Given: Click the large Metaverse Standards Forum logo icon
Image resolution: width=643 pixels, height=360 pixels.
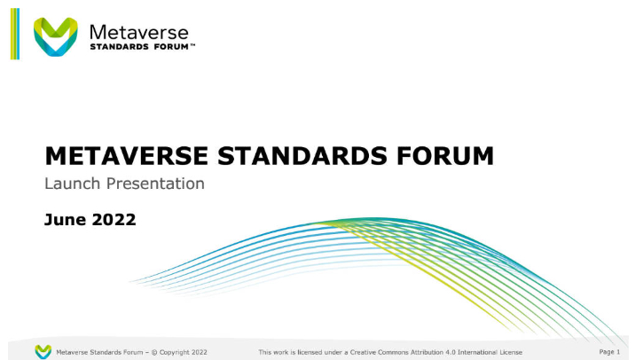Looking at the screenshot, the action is coord(55,36).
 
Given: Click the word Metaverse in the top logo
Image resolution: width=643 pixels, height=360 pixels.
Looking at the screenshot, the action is coord(139,33).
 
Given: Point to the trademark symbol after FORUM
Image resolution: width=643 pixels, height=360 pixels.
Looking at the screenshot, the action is coord(192,44).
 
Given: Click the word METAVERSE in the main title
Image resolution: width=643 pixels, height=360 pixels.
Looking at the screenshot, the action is coord(127,156).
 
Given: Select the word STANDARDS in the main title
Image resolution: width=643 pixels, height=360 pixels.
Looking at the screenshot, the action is coord(302,156).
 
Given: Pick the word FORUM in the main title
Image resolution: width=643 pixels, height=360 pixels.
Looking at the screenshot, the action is coord(445,156).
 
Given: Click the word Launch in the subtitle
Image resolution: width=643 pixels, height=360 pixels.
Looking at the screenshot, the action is coord(72,184).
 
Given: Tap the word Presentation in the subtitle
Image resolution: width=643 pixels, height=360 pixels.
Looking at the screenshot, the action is coord(155,184).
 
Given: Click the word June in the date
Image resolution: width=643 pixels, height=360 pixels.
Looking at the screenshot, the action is coord(66,219).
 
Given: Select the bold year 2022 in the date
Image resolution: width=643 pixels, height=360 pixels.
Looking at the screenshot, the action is coord(114,219).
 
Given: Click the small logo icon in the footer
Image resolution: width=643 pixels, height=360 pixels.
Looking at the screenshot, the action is coord(43,352).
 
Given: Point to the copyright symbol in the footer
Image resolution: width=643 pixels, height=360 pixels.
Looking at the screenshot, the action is coord(154,352).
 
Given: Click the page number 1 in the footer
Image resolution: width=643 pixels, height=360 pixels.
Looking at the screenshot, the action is coord(618,352).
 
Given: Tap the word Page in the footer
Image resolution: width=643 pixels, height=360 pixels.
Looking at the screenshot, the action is coord(607,352).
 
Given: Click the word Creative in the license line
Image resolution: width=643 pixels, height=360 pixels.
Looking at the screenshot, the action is coord(363,352).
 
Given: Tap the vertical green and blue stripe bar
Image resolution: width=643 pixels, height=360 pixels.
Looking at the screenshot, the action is coord(15,34).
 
